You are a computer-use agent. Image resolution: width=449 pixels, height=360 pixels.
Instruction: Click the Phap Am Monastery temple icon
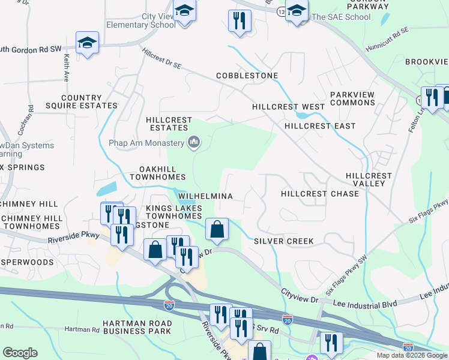pyautogui.click(x=193, y=143)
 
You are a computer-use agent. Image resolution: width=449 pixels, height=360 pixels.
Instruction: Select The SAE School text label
pyautogui.click(x=340, y=17)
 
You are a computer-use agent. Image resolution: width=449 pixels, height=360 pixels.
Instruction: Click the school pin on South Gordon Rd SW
pyautogui.click(x=88, y=44)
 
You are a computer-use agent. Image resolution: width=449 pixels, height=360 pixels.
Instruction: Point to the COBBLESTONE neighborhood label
pyautogui.click(x=247, y=76)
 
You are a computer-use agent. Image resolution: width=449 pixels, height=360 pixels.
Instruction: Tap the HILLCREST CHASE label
pyautogui.click(x=319, y=194)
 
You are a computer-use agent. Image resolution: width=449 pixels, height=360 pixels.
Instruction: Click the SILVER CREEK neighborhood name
pyautogui.click(x=283, y=241)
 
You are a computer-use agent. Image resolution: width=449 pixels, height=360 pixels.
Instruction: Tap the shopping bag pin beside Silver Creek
pyautogui.click(x=217, y=229)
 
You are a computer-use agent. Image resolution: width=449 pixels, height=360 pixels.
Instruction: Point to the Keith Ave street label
pyautogui.click(x=65, y=69)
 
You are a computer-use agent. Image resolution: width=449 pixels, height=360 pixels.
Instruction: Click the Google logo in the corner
pyautogui.click(x=20, y=353)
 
